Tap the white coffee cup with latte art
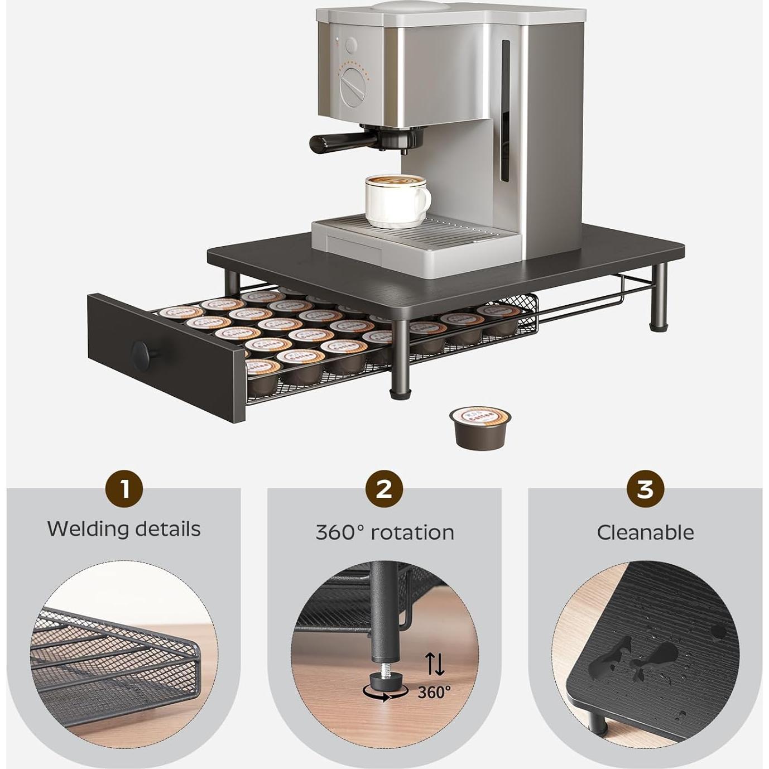tap(395, 201)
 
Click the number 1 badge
tap(124, 489)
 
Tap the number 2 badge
tap(384, 489)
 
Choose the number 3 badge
tap(645, 489)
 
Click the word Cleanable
tap(645, 532)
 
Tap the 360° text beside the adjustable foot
tap(434, 693)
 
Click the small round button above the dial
tap(351, 45)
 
